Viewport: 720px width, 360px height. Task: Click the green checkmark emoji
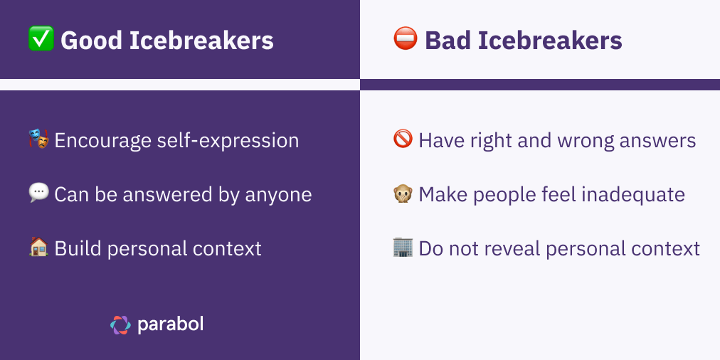(40, 39)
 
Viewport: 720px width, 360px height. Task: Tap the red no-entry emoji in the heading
(404, 39)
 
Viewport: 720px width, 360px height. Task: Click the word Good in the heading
(90, 41)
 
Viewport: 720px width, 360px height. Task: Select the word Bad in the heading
(448, 41)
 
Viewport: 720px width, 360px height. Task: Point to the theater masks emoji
(39, 139)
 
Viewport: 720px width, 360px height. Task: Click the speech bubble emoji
(39, 194)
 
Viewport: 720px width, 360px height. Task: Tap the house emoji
(39, 248)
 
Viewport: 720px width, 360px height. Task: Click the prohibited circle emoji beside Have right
(403, 139)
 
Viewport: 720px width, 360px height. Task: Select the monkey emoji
(403, 194)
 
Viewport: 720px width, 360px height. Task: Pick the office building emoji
(403, 248)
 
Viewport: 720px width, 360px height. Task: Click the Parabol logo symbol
(120, 324)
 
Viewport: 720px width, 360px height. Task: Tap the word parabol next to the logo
(170, 324)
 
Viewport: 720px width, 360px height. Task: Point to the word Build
(75, 248)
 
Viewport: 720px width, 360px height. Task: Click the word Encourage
(102, 141)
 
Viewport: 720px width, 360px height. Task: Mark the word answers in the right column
(658, 141)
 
